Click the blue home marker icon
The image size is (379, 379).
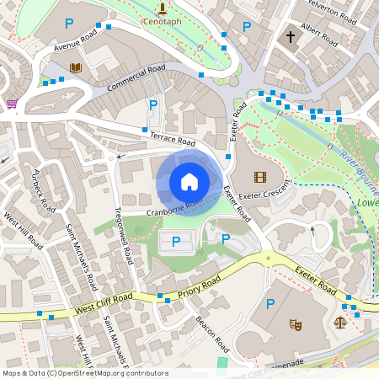pyautogui.click(x=189, y=182)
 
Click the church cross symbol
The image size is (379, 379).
pyautogui.click(x=291, y=37)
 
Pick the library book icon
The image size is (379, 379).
pyautogui.click(x=76, y=67)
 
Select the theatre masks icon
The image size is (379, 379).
pyautogui.click(x=296, y=323)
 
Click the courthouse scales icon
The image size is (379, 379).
pyautogui.click(x=340, y=322)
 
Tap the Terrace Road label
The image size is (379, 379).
pyautogui.click(x=173, y=138)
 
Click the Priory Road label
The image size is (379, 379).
pyautogui.click(x=199, y=285)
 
